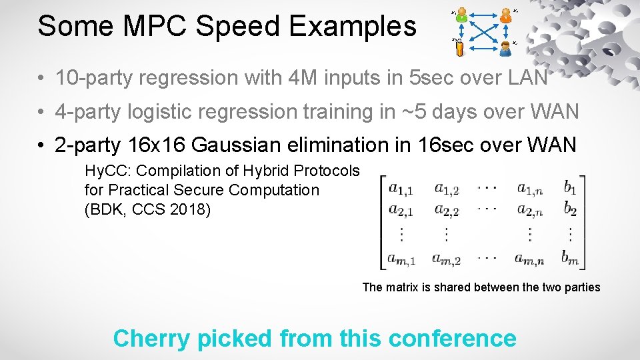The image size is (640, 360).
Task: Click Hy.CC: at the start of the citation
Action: [x=107, y=171]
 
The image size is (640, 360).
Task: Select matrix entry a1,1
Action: [x=401, y=189]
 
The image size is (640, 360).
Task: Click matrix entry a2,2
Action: [x=447, y=210]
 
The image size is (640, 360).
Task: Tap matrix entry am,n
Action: [x=530, y=257]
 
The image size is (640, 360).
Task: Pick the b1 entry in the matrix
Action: [x=570, y=189]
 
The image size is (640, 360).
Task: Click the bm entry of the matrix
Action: [x=570, y=257]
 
